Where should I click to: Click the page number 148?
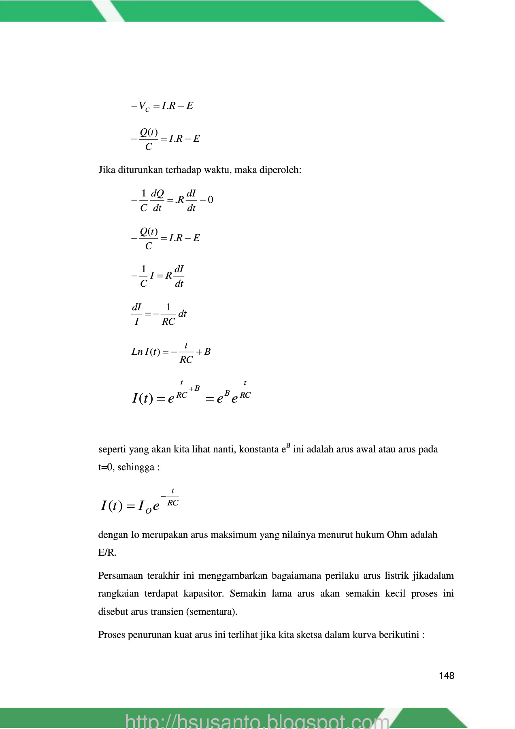pos(446,676)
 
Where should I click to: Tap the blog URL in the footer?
pos(257,721)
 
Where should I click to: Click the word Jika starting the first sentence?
pos(107,170)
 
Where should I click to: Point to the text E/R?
pos(107,552)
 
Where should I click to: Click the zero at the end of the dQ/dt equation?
pos(211,200)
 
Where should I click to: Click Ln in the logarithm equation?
pos(137,352)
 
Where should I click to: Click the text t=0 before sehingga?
pos(106,467)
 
